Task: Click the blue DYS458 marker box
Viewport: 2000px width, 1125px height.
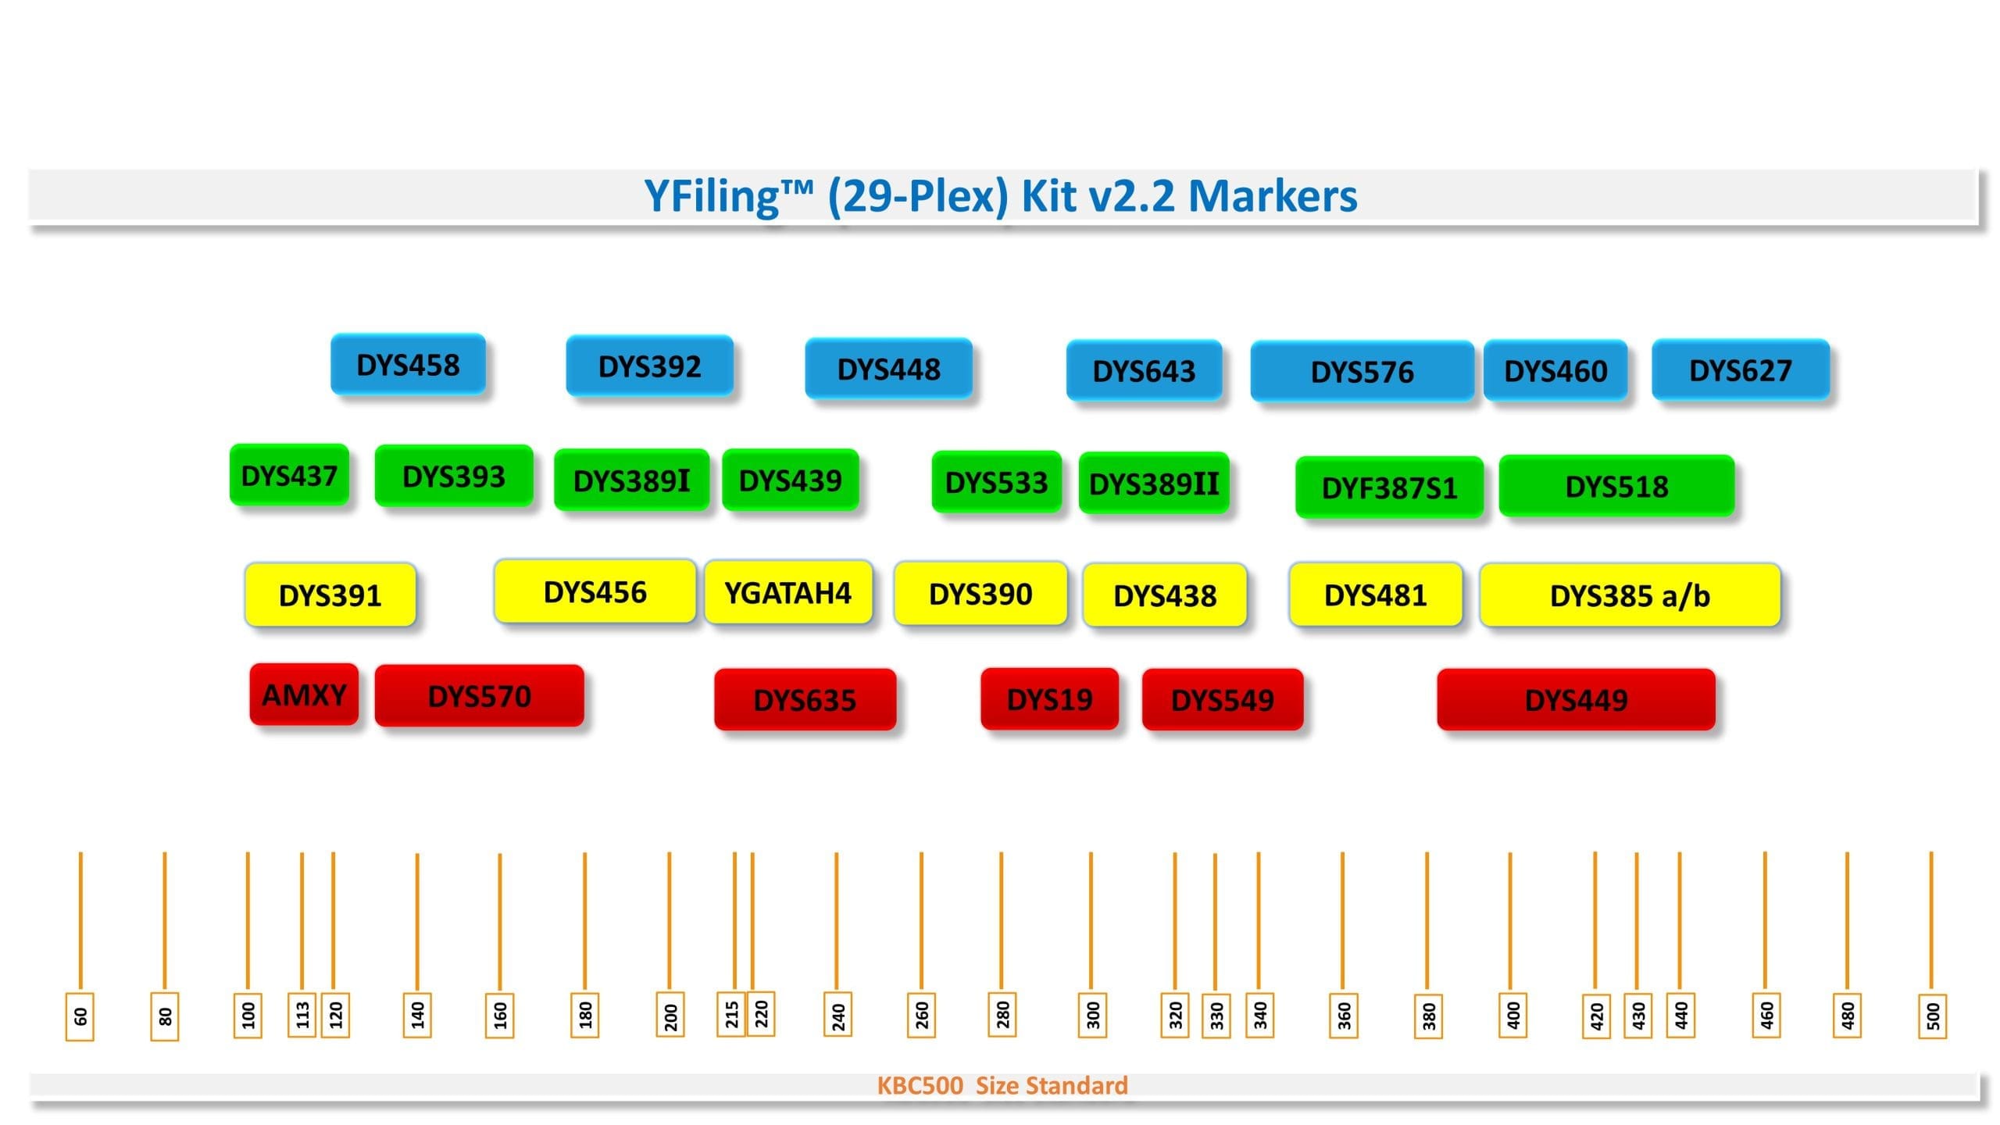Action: [408, 364]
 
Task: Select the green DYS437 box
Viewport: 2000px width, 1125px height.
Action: [289, 475]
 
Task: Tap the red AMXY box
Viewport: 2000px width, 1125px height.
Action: [304, 695]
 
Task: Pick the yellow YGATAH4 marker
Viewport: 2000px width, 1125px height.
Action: [787, 593]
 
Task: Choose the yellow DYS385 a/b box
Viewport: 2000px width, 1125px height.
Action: [1630, 595]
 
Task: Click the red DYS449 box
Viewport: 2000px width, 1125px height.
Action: [1576, 699]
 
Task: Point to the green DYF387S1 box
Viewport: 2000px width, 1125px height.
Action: [1389, 487]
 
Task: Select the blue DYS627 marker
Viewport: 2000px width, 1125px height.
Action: [1741, 370]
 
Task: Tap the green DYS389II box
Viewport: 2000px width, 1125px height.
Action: [1153, 484]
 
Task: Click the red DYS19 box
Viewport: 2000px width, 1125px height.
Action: [1049, 698]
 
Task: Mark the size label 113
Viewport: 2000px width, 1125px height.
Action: [302, 1015]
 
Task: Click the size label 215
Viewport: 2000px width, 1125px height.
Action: [731, 1015]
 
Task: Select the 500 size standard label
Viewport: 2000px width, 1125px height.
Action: [1932, 1016]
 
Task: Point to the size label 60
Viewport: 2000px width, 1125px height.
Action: [80, 1016]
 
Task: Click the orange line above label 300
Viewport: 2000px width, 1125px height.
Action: [1091, 922]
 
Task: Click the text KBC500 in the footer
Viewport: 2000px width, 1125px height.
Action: [920, 1085]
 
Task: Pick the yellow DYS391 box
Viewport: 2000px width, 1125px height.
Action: [330, 595]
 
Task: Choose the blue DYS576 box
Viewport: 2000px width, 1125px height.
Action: [1362, 371]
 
